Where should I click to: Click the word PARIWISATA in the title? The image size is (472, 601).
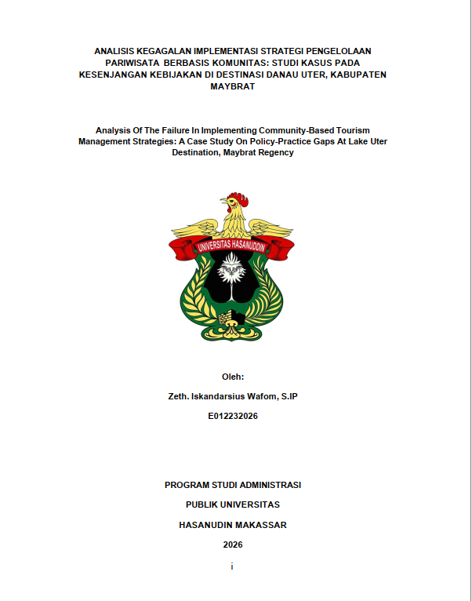[x=128, y=62]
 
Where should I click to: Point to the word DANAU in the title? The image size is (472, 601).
[x=295, y=75]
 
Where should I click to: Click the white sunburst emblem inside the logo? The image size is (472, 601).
[x=232, y=275]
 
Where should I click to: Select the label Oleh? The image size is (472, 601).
[x=232, y=377]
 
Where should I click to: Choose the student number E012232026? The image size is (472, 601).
[x=232, y=416]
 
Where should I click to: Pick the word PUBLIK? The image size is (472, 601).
[x=203, y=504]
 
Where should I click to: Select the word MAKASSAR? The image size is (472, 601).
[x=264, y=524]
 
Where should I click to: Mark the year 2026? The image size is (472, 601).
[x=232, y=545]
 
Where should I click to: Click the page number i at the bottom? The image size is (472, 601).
[x=232, y=566]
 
